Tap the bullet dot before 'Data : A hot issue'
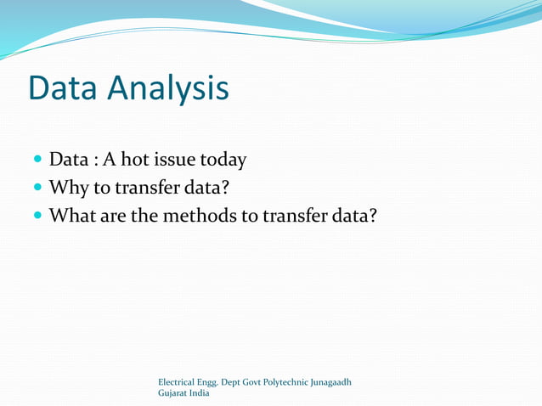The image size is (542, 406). pos(37,160)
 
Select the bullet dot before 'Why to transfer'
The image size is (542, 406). pos(37,188)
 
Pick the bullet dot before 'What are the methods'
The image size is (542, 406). pos(37,216)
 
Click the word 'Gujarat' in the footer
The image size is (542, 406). pos(173,393)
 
